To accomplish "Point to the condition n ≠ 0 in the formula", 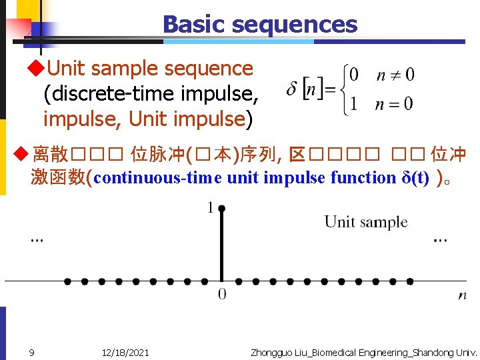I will (x=395, y=75).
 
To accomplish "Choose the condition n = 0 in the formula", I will (x=395, y=104).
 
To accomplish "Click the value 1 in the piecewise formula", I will (x=353, y=104).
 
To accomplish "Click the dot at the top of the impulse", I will (x=221, y=209).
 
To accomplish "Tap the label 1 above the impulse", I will (x=211, y=209).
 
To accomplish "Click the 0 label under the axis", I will (x=222, y=295).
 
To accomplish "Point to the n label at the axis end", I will (x=462, y=295).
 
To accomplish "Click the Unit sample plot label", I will (x=365, y=222).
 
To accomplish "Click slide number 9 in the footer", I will (x=31, y=352).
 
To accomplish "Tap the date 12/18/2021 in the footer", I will (x=125, y=352).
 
